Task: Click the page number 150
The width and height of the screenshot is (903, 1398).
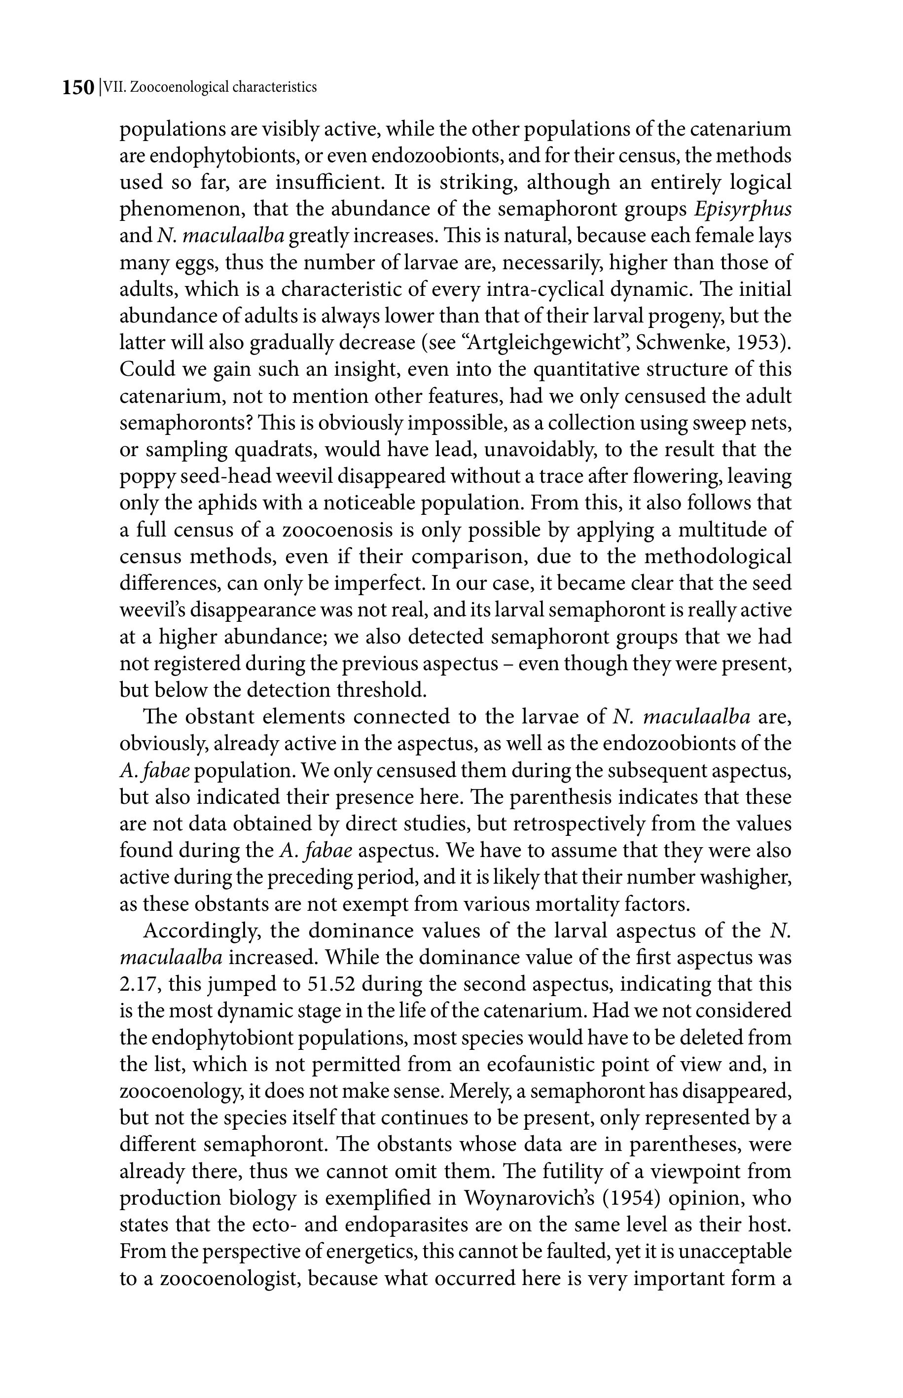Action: [78, 88]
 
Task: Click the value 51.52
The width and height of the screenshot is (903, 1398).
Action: [331, 985]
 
